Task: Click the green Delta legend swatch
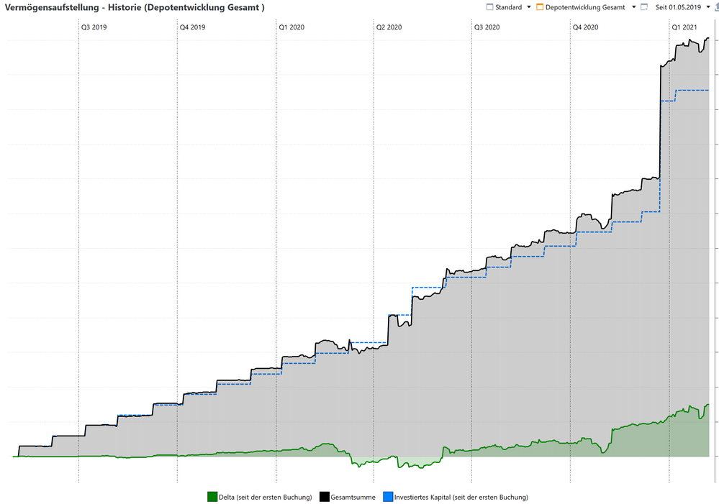[x=212, y=497]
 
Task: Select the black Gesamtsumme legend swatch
[x=324, y=497]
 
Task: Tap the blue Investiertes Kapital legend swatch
[x=388, y=497]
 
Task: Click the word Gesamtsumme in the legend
[x=352, y=497]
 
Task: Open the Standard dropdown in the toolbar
[x=529, y=7]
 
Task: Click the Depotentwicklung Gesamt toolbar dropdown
[x=634, y=7]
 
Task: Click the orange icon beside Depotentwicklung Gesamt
[x=540, y=7]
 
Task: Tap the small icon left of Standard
[x=490, y=7]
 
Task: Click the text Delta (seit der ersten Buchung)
[x=265, y=497]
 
